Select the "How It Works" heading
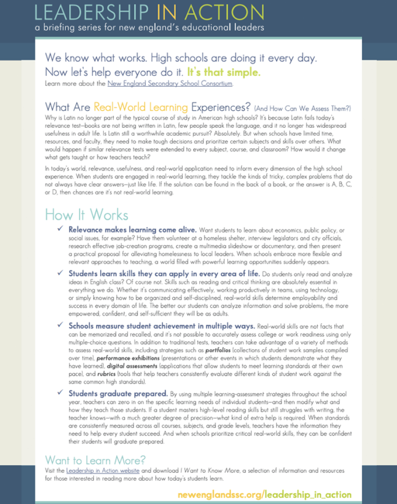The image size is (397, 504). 86,215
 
